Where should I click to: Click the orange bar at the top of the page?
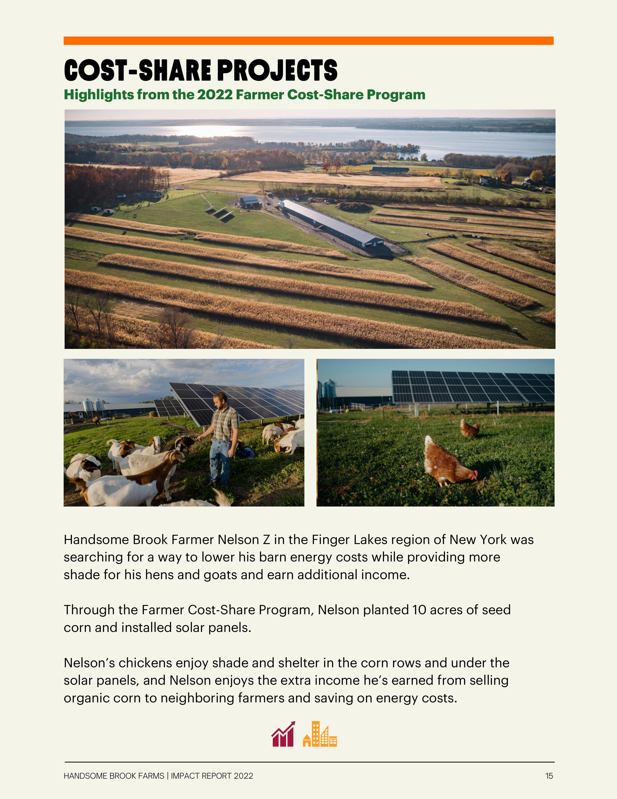pyautogui.click(x=308, y=41)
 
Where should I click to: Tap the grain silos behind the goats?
pyautogui.click(x=93, y=405)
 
